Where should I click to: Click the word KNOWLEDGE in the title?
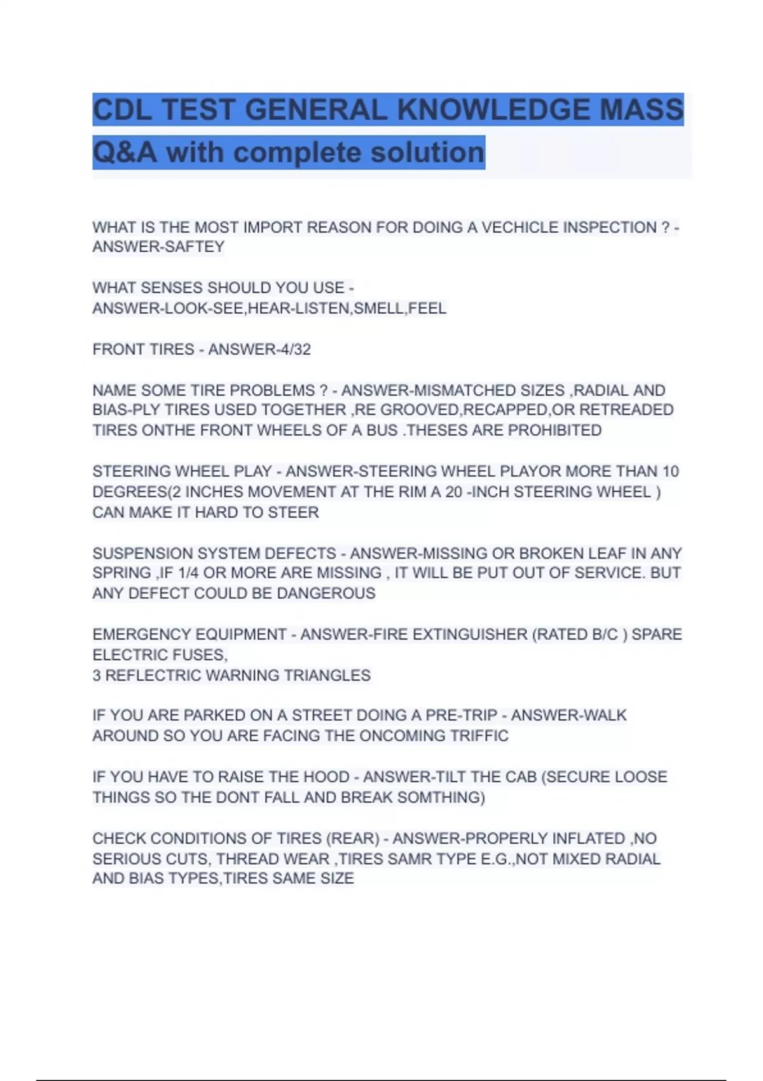click(493, 109)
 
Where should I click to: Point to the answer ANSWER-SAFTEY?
click(158, 247)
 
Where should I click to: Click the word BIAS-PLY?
click(126, 410)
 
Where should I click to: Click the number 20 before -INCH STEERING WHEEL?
click(453, 492)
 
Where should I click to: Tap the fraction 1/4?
click(188, 574)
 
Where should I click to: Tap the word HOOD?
click(326, 777)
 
